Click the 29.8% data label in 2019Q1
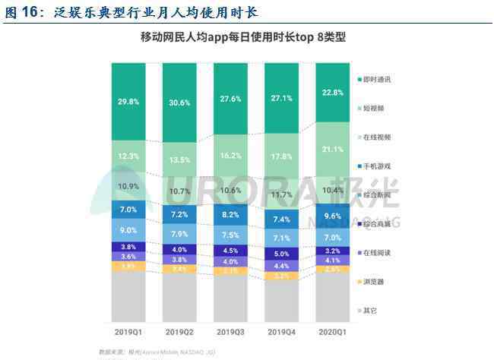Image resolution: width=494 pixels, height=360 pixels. pyautogui.click(x=128, y=103)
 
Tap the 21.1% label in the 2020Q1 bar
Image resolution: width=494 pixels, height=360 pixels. pyautogui.click(x=333, y=149)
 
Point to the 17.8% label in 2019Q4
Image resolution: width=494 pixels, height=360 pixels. pyautogui.click(x=281, y=156)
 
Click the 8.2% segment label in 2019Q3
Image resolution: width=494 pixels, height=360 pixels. pyautogui.click(x=230, y=215)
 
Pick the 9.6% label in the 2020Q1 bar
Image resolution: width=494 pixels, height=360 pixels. pyautogui.click(x=333, y=216)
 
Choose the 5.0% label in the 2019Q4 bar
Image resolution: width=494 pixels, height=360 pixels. pyautogui.click(x=281, y=254)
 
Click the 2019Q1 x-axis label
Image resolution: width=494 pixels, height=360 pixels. pyautogui.click(x=128, y=331)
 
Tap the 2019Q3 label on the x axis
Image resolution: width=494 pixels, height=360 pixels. pyautogui.click(x=230, y=331)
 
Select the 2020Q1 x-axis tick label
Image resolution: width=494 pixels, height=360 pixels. pyautogui.click(x=333, y=331)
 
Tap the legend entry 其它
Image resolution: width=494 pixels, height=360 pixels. pyautogui.click(x=370, y=310)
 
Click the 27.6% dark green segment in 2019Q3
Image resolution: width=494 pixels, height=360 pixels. pyautogui.click(x=230, y=99)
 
